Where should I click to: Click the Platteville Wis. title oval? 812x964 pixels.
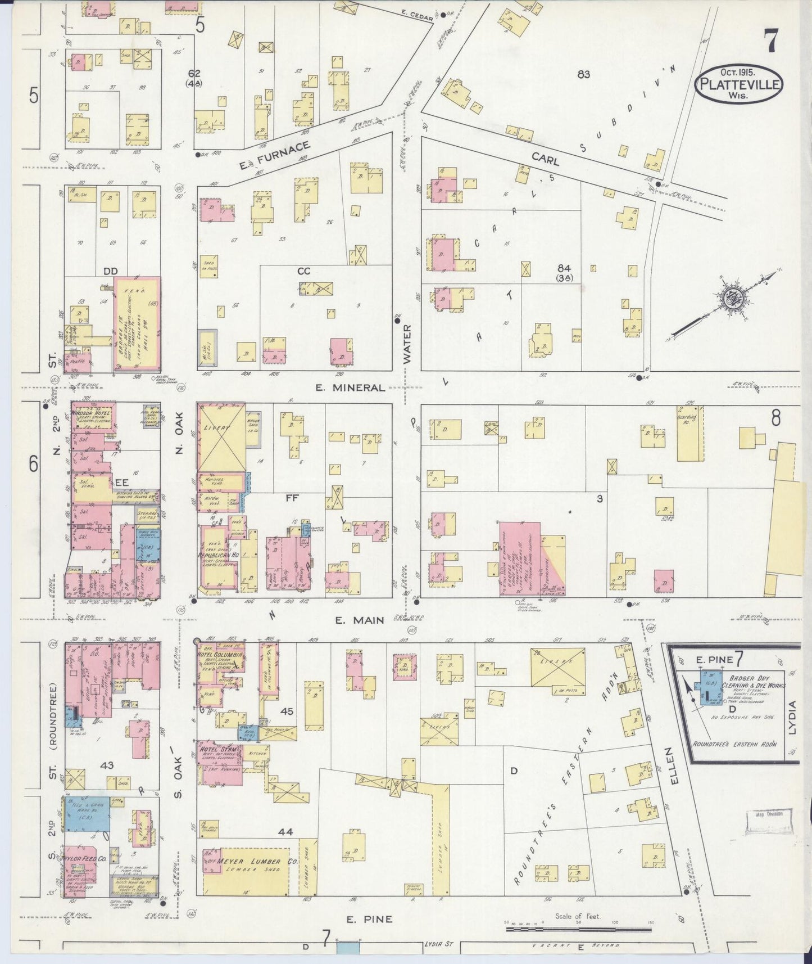[741, 83]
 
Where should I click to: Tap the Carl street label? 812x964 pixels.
[545, 160]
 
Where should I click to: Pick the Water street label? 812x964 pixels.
[407, 343]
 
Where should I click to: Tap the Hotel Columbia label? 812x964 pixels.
[220, 656]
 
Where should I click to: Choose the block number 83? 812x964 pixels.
[583, 74]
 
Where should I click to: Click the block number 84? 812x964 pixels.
[564, 268]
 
